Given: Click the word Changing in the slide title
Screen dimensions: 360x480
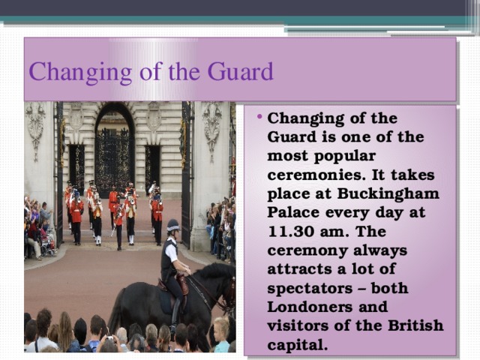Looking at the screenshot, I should point(66,73).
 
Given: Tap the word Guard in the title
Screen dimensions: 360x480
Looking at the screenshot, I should point(239,73).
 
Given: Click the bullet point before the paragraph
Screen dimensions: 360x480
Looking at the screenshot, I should point(259,120).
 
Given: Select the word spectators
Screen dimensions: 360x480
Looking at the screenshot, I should point(311,288).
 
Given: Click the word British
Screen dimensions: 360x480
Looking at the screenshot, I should point(415,325).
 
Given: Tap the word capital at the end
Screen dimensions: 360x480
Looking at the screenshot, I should point(297,344).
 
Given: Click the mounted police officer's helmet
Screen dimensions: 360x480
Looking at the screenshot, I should point(173,226).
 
